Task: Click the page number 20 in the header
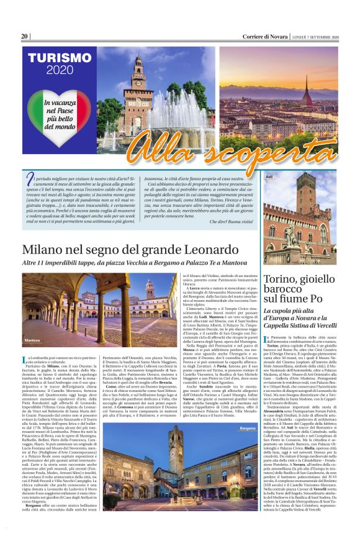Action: point(25,37)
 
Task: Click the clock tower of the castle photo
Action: point(139,87)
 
